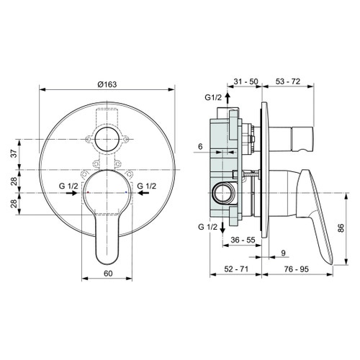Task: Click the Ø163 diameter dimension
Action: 107,84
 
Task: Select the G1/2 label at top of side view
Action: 214,97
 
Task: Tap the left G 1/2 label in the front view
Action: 70,186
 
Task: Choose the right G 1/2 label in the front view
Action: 147,186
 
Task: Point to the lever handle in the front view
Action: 107,230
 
